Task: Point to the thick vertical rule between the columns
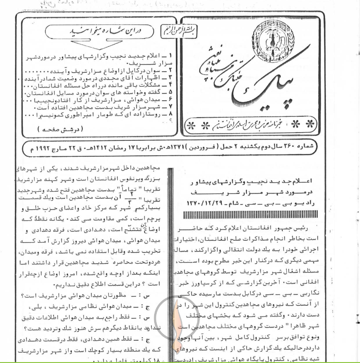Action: pyautogui.click(x=170, y=264)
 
